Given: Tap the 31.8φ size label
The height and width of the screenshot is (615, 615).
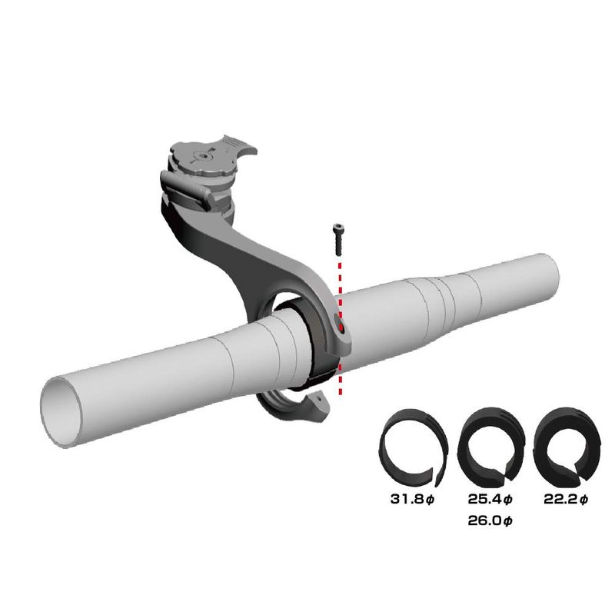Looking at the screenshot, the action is coord(413,499).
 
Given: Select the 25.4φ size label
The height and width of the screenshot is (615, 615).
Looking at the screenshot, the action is coord(490,499).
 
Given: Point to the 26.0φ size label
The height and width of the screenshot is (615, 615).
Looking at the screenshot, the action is coord(490,521).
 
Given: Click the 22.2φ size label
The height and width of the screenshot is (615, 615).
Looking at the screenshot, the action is coord(566,499).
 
